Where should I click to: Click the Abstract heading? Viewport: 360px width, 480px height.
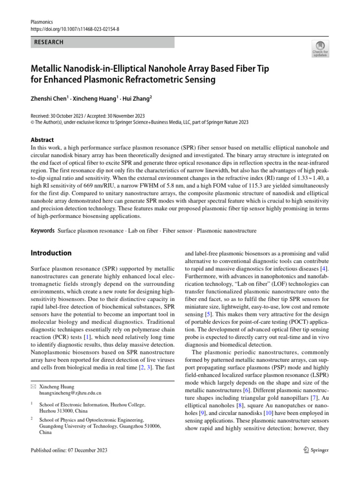pyautogui.click(x=42, y=140)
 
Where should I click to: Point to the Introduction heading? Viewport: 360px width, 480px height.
pyautogui.click(x=51, y=253)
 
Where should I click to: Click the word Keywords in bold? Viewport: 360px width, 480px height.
pyautogui.click(x=43, y=231)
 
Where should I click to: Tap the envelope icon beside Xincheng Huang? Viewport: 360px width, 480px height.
pyautogui.click(x=32, y=386)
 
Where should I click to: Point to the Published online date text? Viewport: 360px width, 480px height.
pyautogui.click(x=69, y=450)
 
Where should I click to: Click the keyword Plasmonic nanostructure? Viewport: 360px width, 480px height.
pyautogui.click(x=226, y=231)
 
